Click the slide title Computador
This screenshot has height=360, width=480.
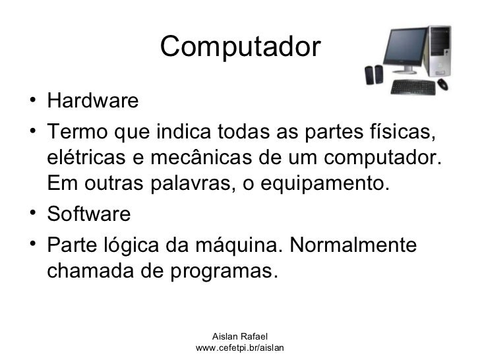[239, 47]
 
